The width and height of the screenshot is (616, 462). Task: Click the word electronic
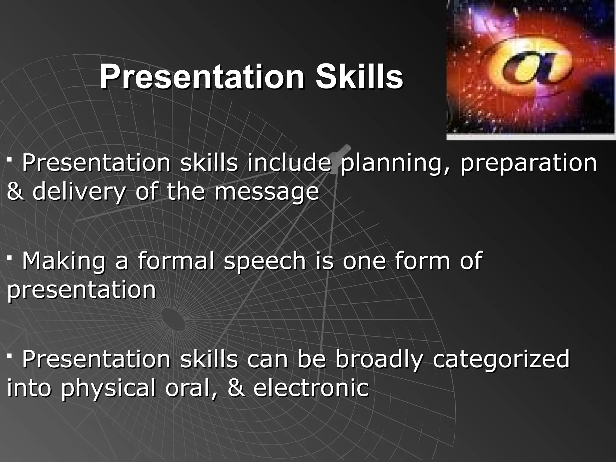click(x=311, y=388)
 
